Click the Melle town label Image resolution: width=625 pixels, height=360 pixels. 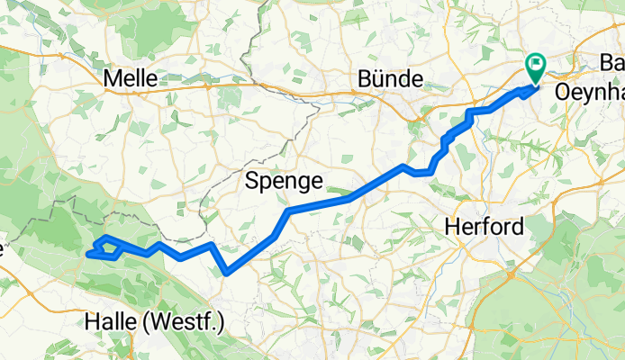[131, 78]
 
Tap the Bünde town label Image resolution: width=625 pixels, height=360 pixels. [390, 79]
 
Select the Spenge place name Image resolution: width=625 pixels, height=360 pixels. [284, 181]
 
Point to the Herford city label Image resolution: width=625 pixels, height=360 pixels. [485, 228]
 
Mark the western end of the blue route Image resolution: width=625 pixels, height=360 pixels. [87, 255]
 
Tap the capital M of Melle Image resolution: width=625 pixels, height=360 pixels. [113, 78]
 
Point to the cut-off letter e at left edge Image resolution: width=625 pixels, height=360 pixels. [3, 249]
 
